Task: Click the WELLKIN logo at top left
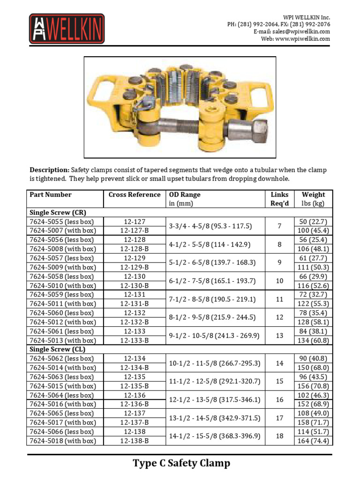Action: [x=67, y=29]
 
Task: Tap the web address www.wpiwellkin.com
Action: [x=302, y=39]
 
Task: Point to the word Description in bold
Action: [x=49, y=170]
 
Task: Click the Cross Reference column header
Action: [x=134, y=195]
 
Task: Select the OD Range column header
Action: [x=185, y=195]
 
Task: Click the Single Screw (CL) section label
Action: [x=58, y=349]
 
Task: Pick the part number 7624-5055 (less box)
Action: [x=61, y=222]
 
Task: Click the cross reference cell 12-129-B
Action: [x=134, y=267]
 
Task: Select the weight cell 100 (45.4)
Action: [x=313, y=231]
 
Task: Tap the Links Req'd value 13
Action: [x=279, y=336]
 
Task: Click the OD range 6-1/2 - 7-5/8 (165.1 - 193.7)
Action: [x=212, y=281]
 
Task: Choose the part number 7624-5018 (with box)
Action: [x=62, y=441]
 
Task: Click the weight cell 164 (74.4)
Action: [x=313, y=441]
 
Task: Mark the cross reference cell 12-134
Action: [x=134, y=359]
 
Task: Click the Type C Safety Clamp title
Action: [x=181, y=464]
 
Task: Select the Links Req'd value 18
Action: [x=279, y=436]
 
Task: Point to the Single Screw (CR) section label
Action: [x=58, y=212]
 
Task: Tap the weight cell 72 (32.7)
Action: [x=313, y=294]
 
